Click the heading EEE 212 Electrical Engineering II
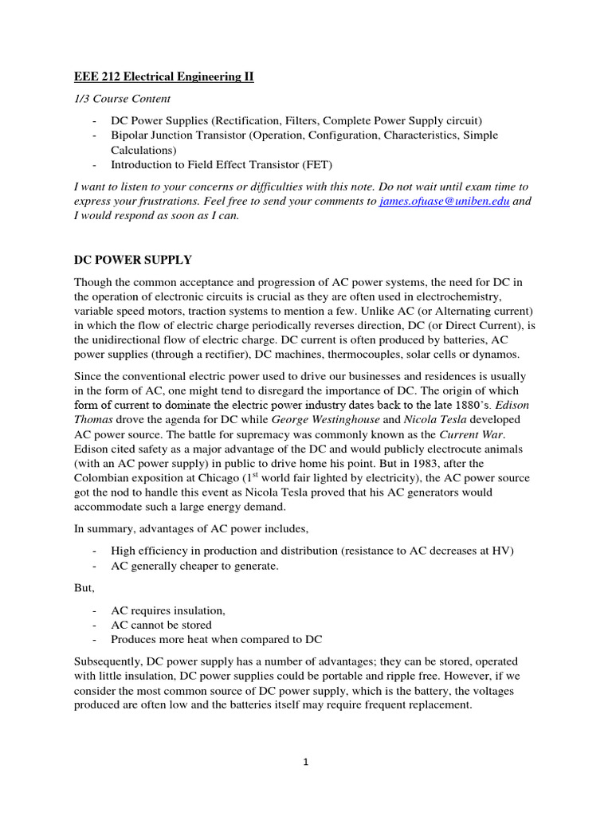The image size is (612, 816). pos(164,76)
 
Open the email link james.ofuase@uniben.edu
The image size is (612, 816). pos(444,202)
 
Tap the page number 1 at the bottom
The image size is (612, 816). pos(305,762)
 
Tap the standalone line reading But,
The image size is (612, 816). pos(84,587)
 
